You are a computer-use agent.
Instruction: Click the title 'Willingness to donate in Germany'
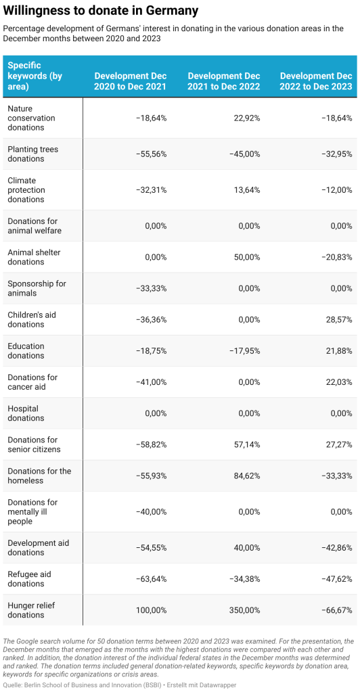click(x=101, y=11)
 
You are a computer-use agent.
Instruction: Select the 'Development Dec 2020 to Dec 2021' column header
click(x=131, y=80)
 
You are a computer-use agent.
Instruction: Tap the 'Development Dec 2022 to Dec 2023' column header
click(x=316, y=80)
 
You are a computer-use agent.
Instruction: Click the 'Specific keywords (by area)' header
click(x=35, y=76)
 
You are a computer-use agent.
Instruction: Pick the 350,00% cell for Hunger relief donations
click(x=245, y=610)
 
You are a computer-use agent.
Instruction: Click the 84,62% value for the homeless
click(x=248, y=476)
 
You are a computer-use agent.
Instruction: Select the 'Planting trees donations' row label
click(x=32, y=154)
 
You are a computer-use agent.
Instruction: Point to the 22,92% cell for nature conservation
click(x=248, y=118)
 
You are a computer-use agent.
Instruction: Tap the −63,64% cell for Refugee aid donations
click(x=152, y=578)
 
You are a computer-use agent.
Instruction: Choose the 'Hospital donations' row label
click(x=26, y=413)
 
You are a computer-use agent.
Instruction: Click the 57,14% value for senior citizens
click(x=248, y=444)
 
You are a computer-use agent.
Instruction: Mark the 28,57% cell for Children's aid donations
click(x=340, y=319)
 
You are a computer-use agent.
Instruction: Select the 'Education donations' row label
click(x=26, y=351)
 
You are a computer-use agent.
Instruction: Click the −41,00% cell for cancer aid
click(x=152, y=382)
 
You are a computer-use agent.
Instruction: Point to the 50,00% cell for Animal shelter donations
click(x=248, y=257)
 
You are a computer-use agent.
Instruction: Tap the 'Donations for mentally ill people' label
click(x=32, y=512)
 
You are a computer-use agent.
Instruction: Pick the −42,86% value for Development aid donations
click(x=338, y=548)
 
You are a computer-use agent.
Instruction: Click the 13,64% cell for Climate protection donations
click(x=248, y=190)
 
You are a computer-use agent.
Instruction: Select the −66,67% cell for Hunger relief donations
click(x=338, y=610)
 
